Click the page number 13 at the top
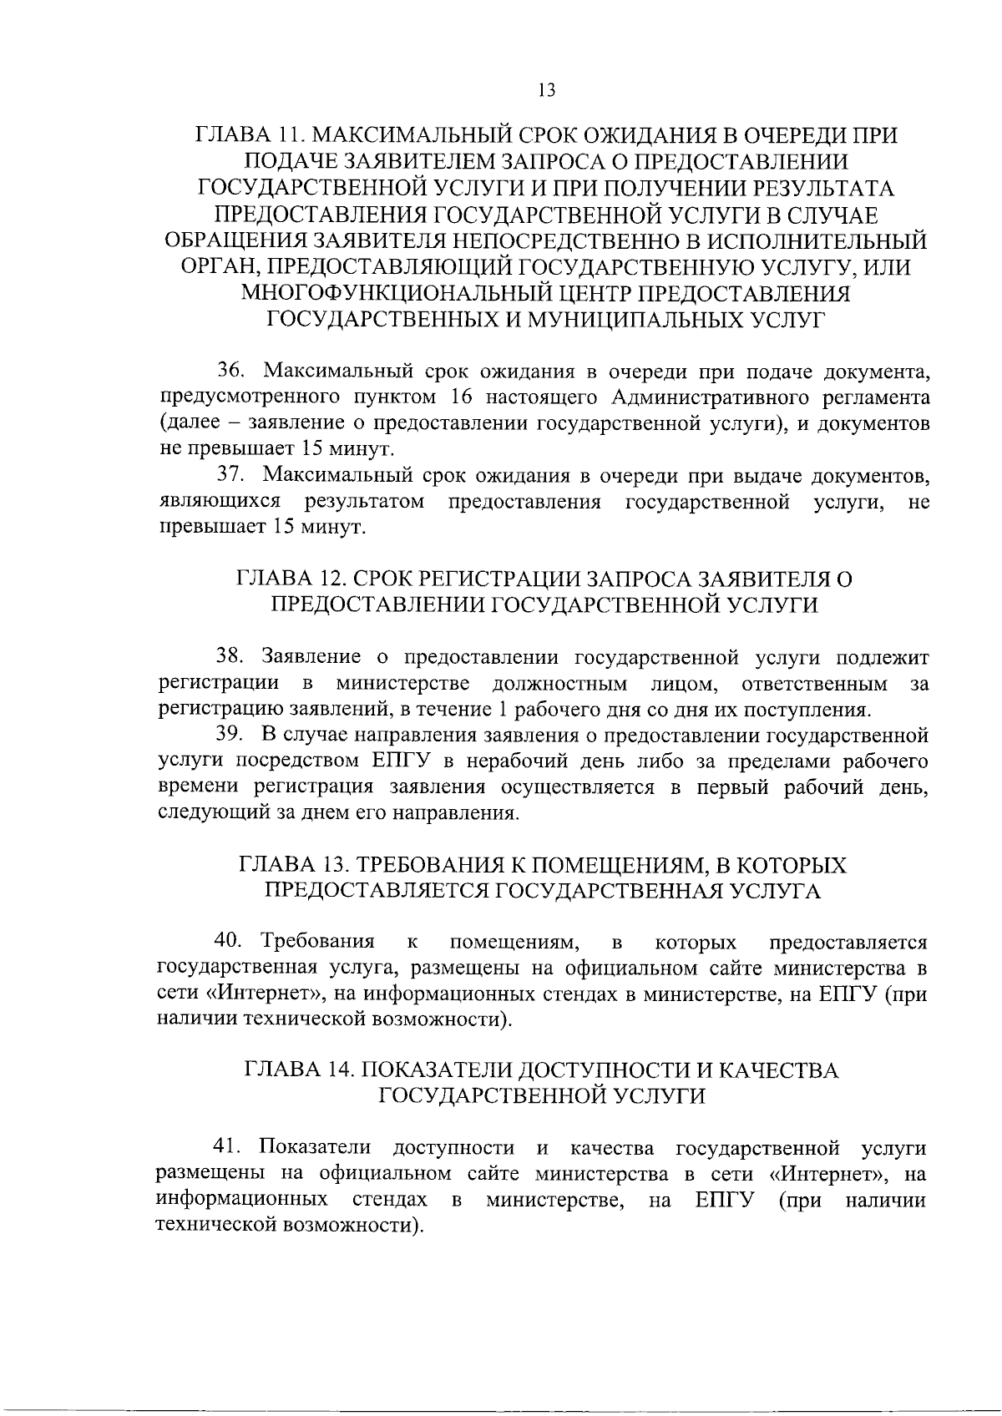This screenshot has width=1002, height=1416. [547, 91]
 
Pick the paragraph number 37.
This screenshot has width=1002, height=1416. [230, 476]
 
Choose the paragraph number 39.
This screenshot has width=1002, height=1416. [230, 736]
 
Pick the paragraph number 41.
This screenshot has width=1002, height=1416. [228, 1148]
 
